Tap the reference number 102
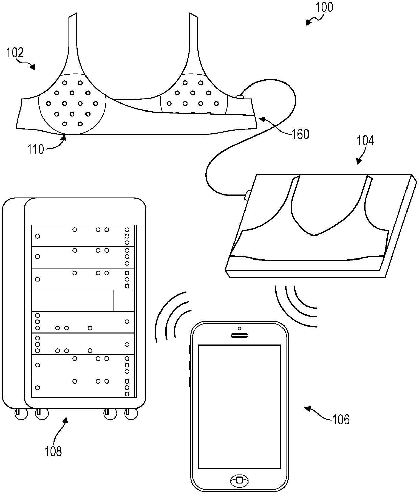click(15, 53)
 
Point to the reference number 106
click(341, 419)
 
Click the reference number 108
click(53, 451)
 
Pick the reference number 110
click(36, 149)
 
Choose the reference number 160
click(300, 134)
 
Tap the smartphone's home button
click(239, 480)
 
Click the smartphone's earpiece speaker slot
click(239, 336)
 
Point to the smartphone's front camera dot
click(239, 328)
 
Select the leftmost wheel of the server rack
click(20, 414)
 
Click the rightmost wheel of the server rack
click(131, 414)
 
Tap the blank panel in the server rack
click(73, 300)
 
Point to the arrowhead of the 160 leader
click(260, 118)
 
